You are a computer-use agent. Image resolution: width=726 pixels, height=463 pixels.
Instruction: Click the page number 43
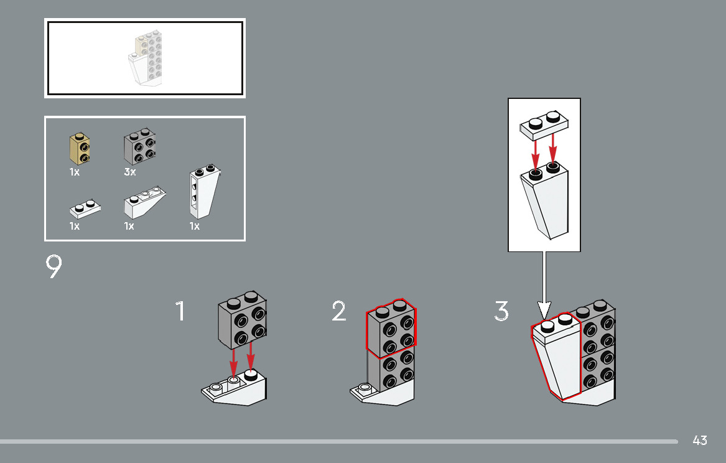[700, 441]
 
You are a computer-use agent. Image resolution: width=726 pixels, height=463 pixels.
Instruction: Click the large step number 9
[54, 266]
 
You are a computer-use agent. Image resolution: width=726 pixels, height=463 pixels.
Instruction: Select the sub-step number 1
[180, 311]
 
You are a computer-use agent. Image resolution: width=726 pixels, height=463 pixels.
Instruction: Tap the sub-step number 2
[339, 311]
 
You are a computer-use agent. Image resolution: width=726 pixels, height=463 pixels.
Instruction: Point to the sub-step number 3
[501, 311]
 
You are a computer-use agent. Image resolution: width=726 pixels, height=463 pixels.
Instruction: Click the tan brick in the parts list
[80, 149]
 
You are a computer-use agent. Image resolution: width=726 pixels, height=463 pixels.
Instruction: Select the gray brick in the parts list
[139, 146]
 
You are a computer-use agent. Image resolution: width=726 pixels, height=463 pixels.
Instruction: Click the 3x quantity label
[129, 172]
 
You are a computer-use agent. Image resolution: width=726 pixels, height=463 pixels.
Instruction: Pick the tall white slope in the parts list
[204, 191]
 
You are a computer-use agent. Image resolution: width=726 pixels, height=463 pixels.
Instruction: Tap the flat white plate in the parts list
[85, 209]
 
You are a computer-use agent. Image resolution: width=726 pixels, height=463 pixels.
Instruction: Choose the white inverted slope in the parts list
[145, 203]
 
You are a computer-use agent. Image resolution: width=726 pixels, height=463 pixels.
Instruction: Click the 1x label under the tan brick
[75, 172]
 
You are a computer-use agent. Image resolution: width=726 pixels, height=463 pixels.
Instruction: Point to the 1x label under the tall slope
[195, 227]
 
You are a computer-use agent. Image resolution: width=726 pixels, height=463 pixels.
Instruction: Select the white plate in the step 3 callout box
[544, 125]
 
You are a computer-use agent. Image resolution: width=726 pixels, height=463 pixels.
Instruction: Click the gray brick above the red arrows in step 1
[242, 320]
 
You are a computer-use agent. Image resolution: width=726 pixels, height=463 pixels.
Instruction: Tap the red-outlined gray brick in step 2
[391, 329]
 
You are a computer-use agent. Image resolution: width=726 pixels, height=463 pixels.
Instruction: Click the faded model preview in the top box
[145, 58]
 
